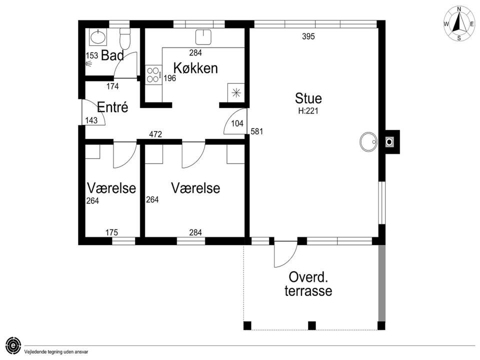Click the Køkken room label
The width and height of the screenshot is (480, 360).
click(195, 68)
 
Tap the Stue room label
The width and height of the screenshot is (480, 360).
click(308, 98)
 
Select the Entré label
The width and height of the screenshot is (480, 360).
click(112, 107)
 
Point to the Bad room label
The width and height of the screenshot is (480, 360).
click(112, 55)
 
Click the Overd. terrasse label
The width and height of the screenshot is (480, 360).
click(308, 284)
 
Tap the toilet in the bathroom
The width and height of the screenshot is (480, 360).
click(125, 38)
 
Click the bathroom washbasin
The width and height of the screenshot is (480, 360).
click(98, 37)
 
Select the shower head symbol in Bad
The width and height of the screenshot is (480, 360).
click(89, 63)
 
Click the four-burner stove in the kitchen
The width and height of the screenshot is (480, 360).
click(153, 74)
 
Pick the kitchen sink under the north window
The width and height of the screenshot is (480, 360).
click(203, 37)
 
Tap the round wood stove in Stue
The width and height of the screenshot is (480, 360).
click(368, 141)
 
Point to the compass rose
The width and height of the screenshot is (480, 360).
click(459, 24)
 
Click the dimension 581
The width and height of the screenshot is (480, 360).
click(257, 131)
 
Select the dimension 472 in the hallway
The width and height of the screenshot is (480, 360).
click(155, 134)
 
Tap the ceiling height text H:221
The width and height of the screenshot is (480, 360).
click(308, 111)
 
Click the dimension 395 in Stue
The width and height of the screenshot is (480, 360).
click(308, 36)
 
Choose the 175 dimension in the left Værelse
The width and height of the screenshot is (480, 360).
click(111, 232)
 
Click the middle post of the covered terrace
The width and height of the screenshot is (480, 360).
click(311, 325)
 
